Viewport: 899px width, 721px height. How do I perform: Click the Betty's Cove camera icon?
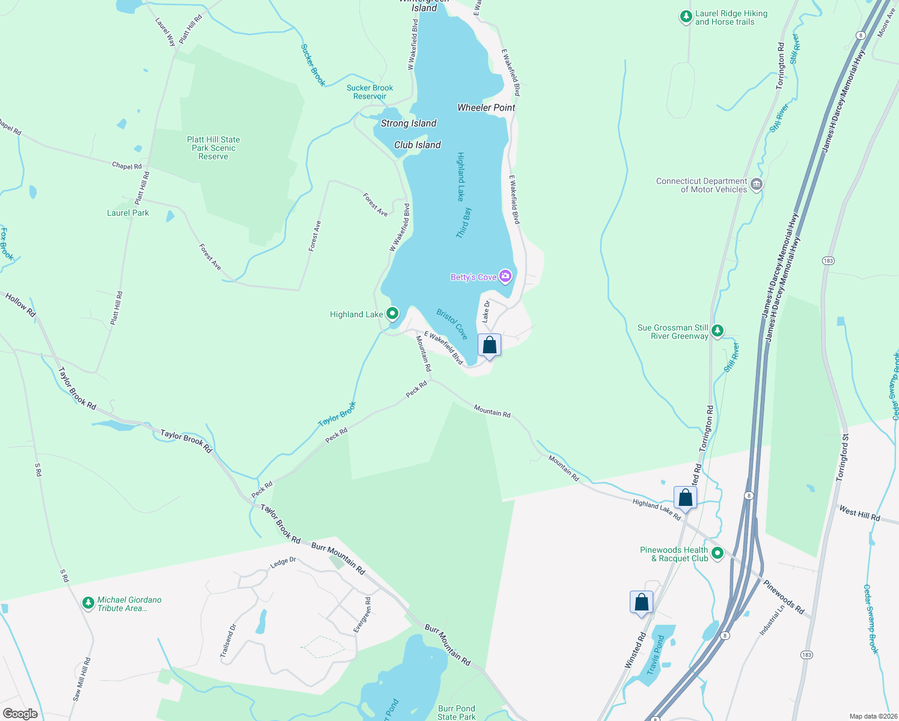click(x=505, y=276)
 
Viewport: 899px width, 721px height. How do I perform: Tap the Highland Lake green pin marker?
click(x=392, y=314)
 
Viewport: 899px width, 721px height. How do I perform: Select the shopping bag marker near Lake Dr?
click(x=489, y=345)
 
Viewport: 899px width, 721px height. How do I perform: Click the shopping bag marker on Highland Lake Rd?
click(x=685, y=497)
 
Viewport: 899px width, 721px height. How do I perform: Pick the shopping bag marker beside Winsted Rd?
click(x=641, y=602)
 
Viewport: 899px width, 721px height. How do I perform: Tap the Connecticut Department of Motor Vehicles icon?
click(x=757, y=184)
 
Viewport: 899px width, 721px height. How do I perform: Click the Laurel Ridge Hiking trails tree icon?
click(x=686, y=17)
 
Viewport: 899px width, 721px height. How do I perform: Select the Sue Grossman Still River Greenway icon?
click(x=718, y=331)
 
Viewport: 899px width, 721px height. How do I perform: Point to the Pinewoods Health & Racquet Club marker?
click(x=717, y=553)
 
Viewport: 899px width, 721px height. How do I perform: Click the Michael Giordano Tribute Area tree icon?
click(x=88, y=603)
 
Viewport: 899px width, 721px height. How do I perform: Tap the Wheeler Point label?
click(x=486, y=108)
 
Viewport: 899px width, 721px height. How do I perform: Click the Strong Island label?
click(x=409, y=123)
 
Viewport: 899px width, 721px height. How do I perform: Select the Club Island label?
click(x=417, y=145)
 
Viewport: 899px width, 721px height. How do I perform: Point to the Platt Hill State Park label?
click(x=213, y=148)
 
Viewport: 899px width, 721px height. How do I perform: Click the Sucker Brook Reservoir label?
click(x=370, y=92)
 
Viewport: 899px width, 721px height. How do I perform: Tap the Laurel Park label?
click(x=128, y=213)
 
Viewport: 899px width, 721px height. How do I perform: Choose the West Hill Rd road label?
click(x=859, y=514)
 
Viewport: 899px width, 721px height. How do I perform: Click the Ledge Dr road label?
click(x=283, y=562)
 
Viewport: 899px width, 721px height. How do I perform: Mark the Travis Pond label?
click(x=656, y=655)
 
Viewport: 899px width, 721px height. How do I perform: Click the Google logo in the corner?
click(x=20, y=714)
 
